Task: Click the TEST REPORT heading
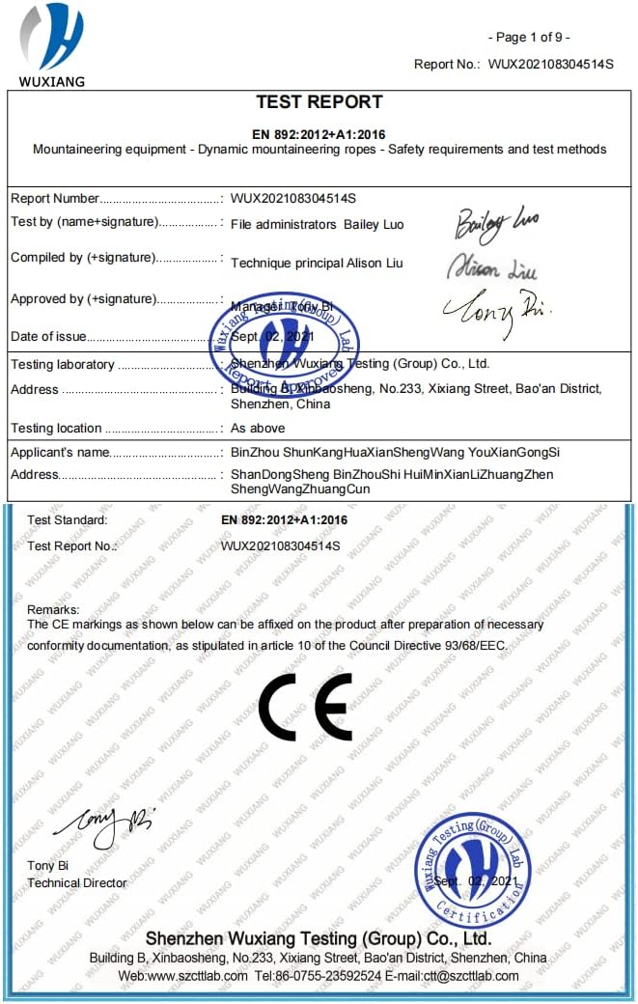click(x=319, y=102)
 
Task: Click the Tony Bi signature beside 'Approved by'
click(x=495, y=309)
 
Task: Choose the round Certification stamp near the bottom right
click(x=473, y=870)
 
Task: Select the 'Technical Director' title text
click(x=77, y=882)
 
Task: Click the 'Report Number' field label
click(x=55, y=199)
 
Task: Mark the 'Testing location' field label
click(x=56, y=428)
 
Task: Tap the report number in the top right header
click(x=550, y=64)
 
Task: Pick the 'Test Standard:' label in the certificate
click(x=68, y=520)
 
